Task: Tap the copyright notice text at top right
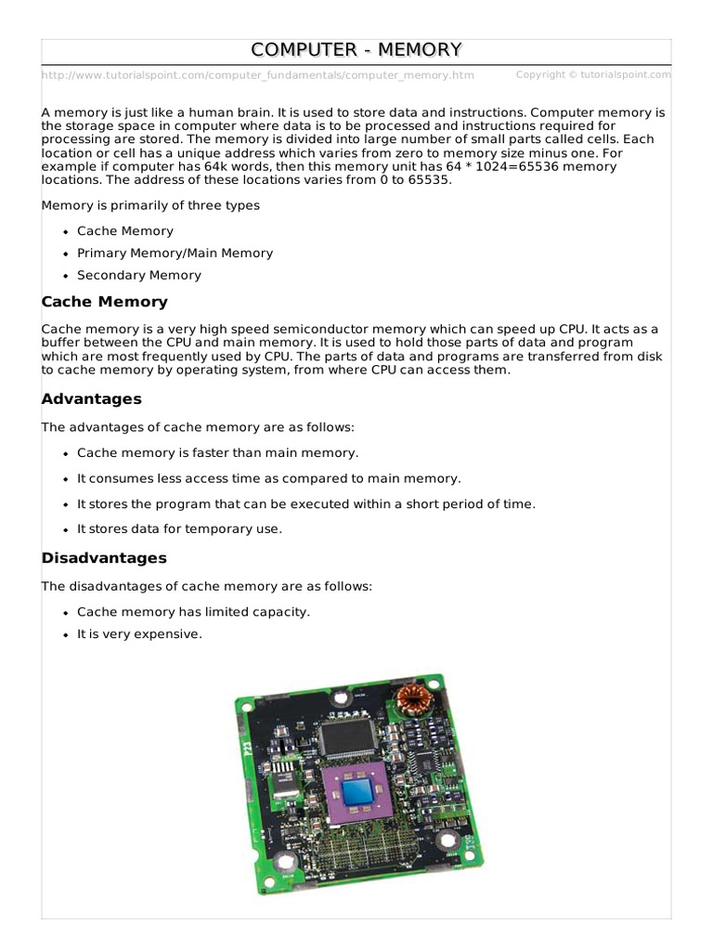(x=592, y=74)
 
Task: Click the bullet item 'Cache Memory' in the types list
(x=125, y=230)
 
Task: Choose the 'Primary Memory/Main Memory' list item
(x=175, y=253)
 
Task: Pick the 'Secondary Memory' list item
(x=138, y=275)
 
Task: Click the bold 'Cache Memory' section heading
(x=105, y=302)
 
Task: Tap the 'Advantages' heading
(x=92, y=399)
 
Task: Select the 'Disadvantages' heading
(x=104, y=558)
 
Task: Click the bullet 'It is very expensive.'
(x=139, y=634)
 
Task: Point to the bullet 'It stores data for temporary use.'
(x=179, y=528)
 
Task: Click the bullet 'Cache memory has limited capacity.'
(x=193, y=612)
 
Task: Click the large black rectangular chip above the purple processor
(x=346, y=738)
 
